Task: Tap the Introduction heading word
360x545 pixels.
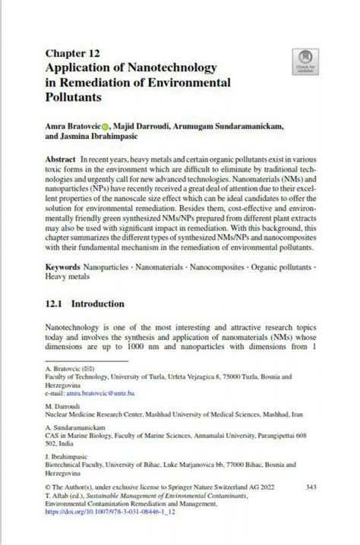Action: [97, 304]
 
